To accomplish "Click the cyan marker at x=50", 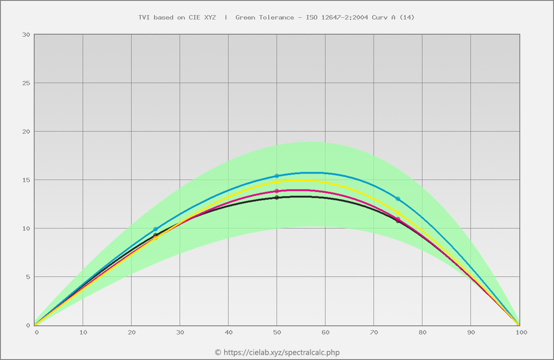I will click(x=277, y=176).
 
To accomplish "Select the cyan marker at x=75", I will click(x=398, y=199).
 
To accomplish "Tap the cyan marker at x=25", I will click(x=155, y=229).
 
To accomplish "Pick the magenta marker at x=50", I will click(x=277, y=191).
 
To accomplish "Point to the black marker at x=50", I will click(x=277, y=198).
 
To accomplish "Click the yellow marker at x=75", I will click(x=398, y=213).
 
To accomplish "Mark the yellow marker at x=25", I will click(x=155, y=238).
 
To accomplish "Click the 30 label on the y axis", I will click(x=26, y=35).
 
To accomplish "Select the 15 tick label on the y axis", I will click(x=26, y=180).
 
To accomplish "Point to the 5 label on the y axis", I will click(x=28, y=277).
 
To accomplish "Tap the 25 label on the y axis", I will click(x=26, y=83).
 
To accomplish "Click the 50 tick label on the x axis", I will click(x=277, y=332).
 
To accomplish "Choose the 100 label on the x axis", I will click(x=521, y=332).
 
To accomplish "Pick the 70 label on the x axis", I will click(x=374, y=332).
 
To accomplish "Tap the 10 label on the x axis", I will click(x=83, y=332).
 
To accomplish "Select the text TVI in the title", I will click(x=143, y=17).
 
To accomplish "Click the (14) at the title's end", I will click(x=407, y=17).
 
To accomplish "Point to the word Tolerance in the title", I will click(x=277, y=17).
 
